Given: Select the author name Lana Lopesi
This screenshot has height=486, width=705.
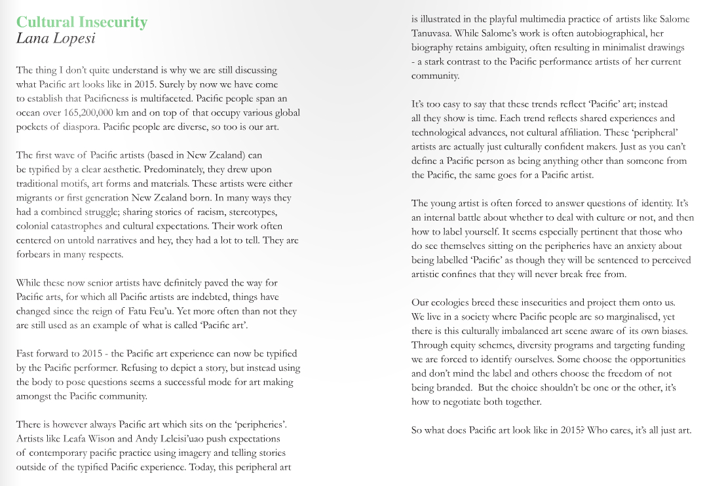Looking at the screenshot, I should click(56, 38).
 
